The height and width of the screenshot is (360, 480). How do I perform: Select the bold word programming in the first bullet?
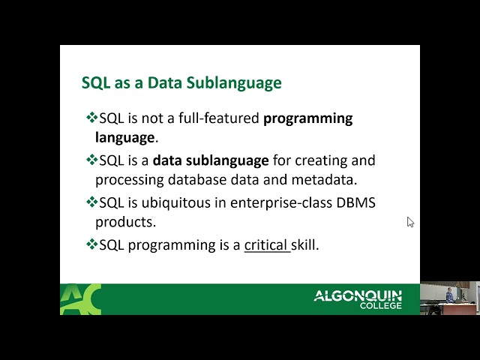pos(307,118)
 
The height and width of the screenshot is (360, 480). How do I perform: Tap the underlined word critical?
pos(266,244)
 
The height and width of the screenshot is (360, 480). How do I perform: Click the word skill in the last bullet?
pos(306,244)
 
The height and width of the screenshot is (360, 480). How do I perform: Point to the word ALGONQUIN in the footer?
pos(358,295)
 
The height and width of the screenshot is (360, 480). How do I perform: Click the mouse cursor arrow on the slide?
pos(410,222)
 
